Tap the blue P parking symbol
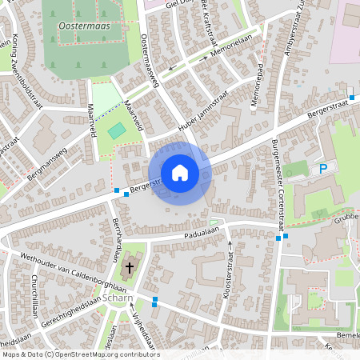pyautogui.click(x=323, y=169)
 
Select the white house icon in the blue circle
pyautogui.click(x=180, y=172)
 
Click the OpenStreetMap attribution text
pyautogui.click(x=80, y=354)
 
